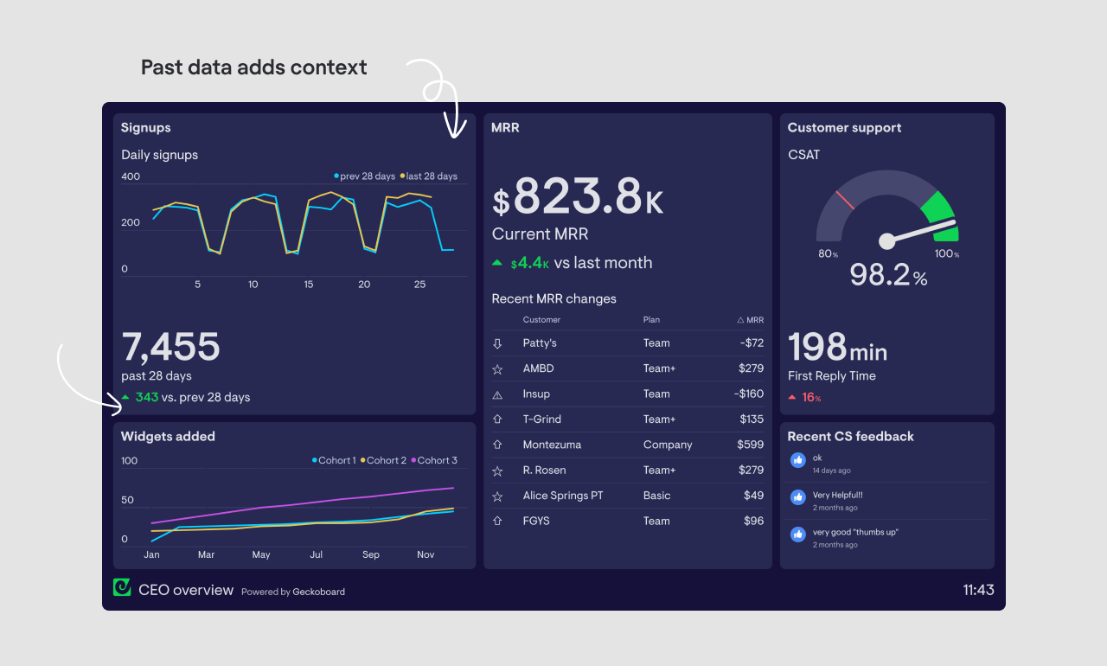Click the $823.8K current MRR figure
click(x=578, y=197)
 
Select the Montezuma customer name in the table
click(x=552, y=445)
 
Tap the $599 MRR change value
click(x=751, y=445)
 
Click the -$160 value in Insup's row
click(x=749, y=394)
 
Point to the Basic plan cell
click(x=656, y=496)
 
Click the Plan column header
click(x=651, y=320)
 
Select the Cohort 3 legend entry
click(x=434, y=460)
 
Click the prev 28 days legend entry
click(x=365, y=176)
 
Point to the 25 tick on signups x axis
click(x=419, y=285)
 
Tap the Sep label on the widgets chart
click(x=371, y=554)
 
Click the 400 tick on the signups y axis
click(x=131, y=176)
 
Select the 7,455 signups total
click(x=171, y=347)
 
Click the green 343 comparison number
click(x=147, y=397)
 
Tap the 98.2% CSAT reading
click(x=887, y=275)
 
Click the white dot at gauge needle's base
click(x=886, y=241)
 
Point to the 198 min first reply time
click(x=836, y=348)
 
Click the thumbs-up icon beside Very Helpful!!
click(x=798, y=497)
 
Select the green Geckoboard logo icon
click(x=122, y=587)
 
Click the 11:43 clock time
click(x=978, y=590)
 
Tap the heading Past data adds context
click(x=253, y=67)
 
